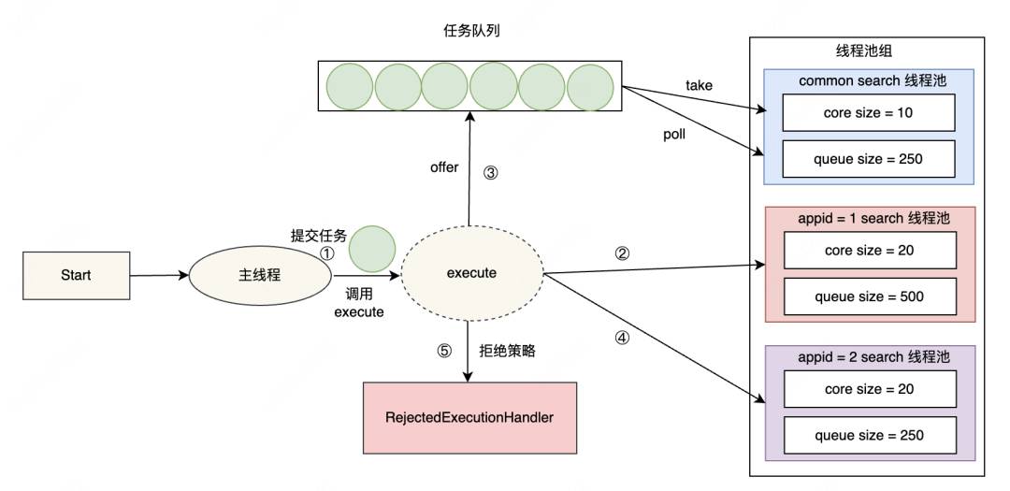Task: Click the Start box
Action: pos(76,275)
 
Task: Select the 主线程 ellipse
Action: pos(260,275)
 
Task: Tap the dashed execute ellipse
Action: pos(472,273)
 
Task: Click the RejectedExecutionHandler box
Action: pos(469,417)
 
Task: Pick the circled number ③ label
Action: pos(490,173)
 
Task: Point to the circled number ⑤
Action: pos(444,351)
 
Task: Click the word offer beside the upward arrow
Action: pos(444,167)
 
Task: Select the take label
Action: pos(699,85)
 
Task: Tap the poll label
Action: pos(674,135)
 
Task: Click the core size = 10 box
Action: pos(868,112)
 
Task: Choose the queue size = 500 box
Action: pos(870,296)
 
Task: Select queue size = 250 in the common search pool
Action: pos(868,158)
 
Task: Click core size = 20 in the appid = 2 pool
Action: pos(870,388)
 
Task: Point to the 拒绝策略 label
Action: pos(507,351)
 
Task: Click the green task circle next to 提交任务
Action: pos(372,249)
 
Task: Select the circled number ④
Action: pos(622,338)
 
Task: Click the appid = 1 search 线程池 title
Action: pos(873,218)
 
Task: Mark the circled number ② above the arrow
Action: pos(622,253)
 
